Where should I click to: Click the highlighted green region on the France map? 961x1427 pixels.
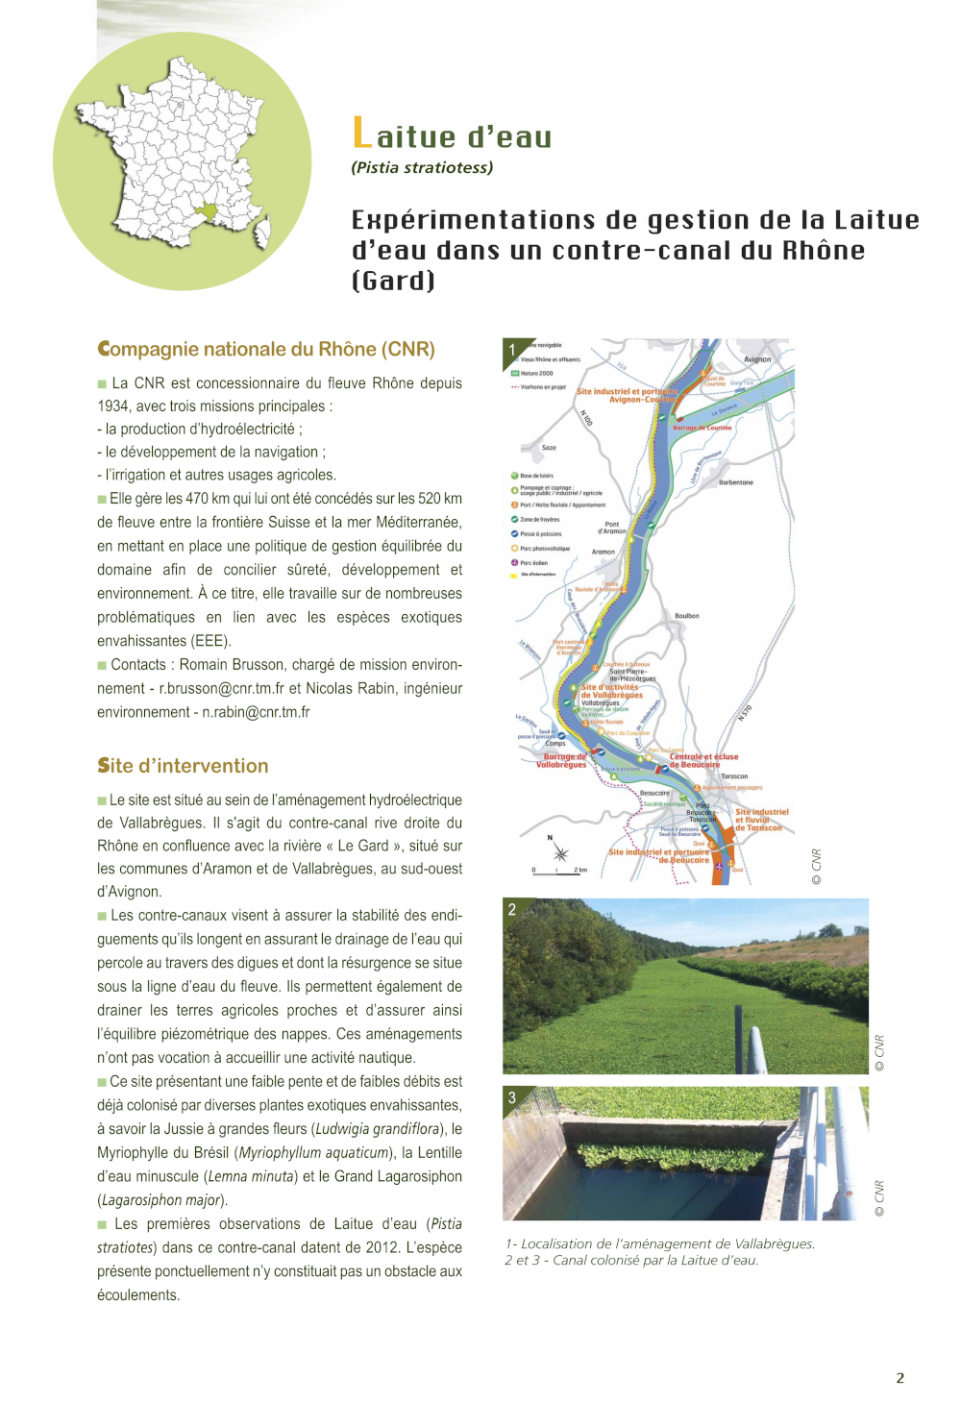(205, 211)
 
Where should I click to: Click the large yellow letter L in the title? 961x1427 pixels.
(361, 134)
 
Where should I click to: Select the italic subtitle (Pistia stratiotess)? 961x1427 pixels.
(422, 167)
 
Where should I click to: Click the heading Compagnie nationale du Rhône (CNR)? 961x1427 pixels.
(266, 349)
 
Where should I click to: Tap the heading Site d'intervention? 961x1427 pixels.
(183, 766)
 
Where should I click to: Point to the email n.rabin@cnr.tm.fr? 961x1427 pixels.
(256, 712)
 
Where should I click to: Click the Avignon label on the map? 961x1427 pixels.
(757, 359)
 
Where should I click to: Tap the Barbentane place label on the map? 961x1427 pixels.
(736, 482)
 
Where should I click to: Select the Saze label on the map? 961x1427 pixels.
(549, 448)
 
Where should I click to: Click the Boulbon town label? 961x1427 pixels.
(687, 616)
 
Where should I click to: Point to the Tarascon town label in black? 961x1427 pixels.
(734, 776)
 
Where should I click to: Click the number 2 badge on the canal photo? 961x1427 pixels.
(512, 909)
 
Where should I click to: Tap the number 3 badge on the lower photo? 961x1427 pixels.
(512, 1097)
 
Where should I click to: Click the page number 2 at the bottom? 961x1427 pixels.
(900, 1378)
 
